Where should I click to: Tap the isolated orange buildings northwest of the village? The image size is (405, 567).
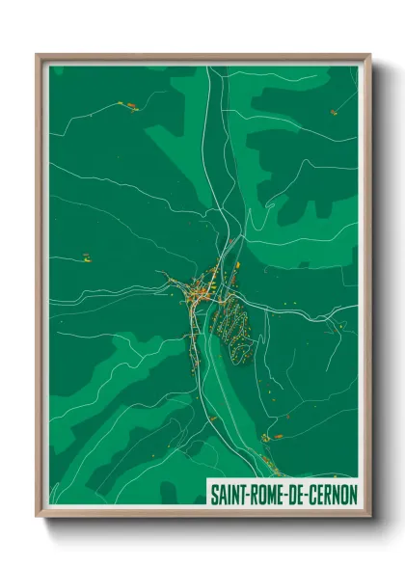point(85,257)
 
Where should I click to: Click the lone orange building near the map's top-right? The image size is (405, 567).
point(334,112)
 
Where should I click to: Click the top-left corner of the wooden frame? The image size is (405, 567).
point(38,55)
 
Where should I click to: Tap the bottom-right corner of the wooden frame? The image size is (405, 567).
point(369,516)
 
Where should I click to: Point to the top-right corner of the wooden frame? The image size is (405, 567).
point(369,55)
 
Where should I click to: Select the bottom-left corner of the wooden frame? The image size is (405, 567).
point(38,516)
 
